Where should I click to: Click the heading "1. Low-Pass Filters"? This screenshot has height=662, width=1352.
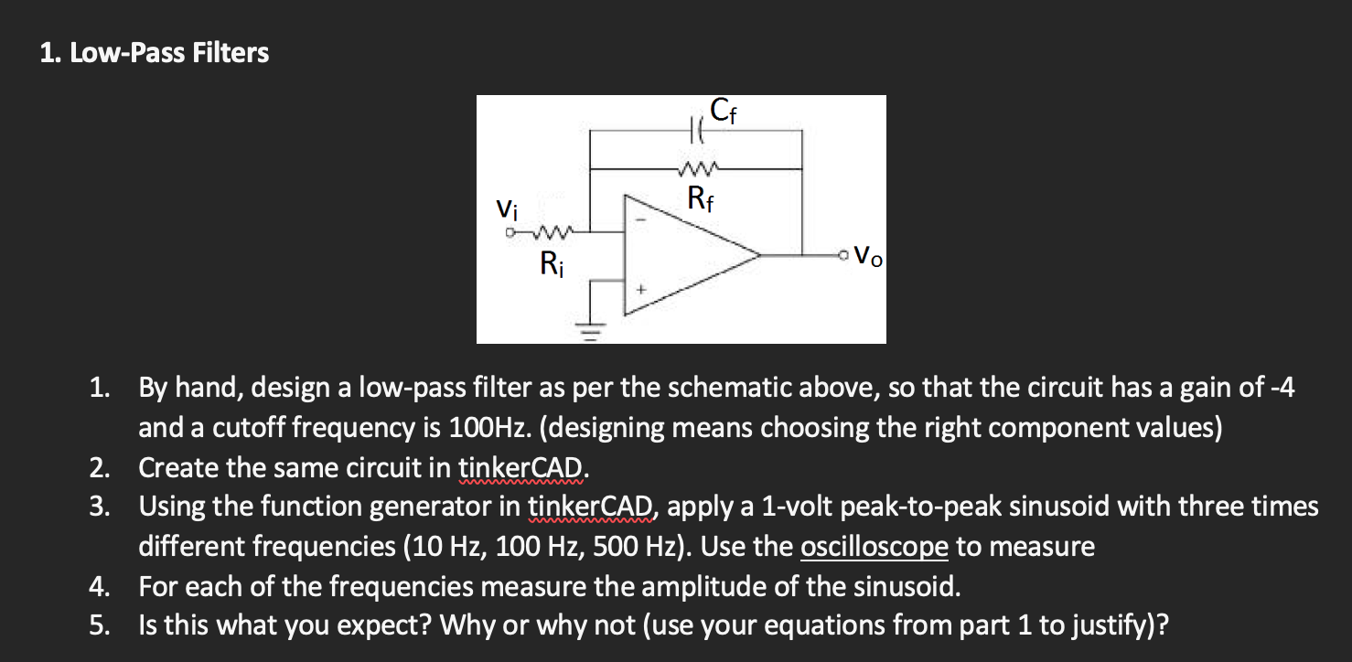pyautogui.click(x=155, y=53)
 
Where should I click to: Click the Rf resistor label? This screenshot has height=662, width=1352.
pyautogui.click(x=700, y=197)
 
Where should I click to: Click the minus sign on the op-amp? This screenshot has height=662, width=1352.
pyautogui.click(x=640, y=219)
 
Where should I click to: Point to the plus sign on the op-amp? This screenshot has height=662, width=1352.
pyautogui.click(x=640, y=291)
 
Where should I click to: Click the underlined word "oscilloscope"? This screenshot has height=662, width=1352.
pyautogui.click(x=874, y=547)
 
